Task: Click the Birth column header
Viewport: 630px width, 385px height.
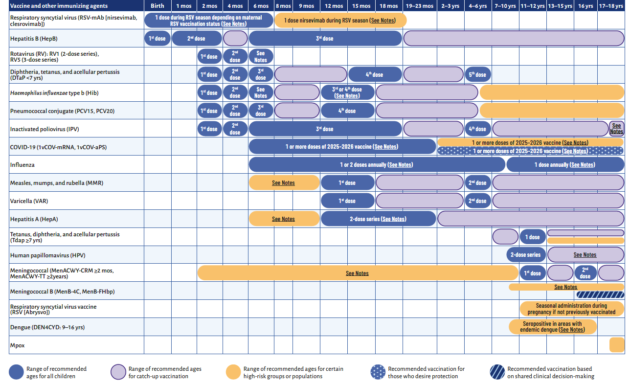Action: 157,6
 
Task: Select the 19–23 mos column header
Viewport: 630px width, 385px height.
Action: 419,6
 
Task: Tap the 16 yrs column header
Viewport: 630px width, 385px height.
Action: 585,6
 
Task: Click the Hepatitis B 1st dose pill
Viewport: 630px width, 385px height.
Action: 157,38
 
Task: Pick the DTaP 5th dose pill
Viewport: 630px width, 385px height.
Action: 478,74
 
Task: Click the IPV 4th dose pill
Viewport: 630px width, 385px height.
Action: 478,129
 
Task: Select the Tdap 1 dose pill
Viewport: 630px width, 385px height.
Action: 533,237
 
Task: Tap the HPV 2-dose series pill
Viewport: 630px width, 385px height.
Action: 526,255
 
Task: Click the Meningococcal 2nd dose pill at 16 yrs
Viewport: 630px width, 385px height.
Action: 585,273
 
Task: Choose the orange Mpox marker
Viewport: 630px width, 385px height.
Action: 617,345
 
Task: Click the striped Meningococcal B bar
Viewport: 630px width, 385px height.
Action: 601,294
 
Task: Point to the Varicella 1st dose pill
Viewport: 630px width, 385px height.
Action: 347,201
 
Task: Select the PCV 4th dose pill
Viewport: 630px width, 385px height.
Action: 347,111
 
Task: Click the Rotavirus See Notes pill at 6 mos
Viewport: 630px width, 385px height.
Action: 261,56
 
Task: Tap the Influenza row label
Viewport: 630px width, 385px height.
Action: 22,165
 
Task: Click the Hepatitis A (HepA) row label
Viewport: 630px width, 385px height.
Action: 37,219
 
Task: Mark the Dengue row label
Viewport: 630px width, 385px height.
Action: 44,327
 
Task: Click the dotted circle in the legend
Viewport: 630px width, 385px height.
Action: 379,372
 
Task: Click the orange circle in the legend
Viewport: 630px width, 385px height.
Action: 234,372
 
